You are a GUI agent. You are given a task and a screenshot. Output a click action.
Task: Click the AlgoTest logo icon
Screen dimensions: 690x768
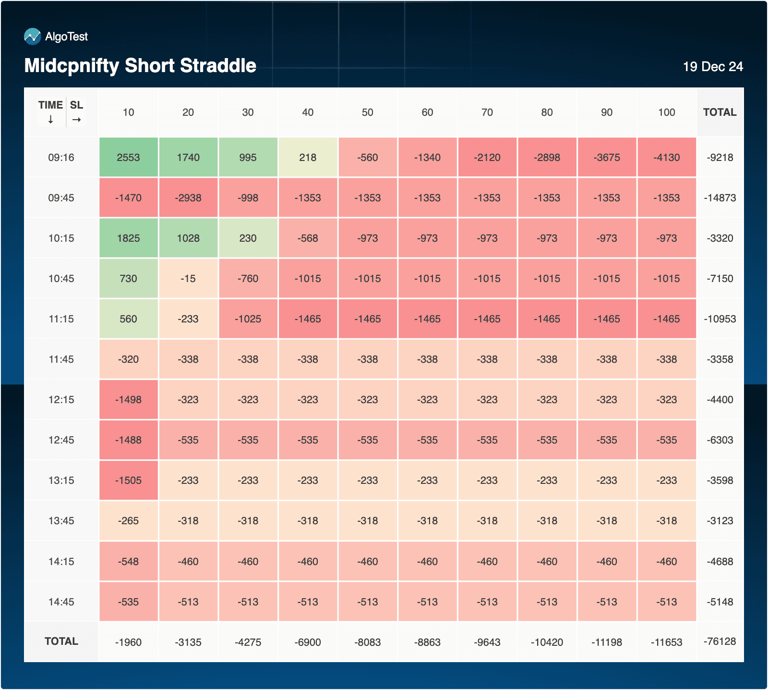tap(33, 37)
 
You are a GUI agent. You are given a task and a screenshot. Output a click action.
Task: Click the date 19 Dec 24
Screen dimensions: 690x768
tap(713, 67)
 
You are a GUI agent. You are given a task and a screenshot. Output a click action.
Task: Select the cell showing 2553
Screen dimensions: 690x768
tap(128, 158)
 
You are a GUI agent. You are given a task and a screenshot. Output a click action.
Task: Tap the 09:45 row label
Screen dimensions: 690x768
tap(61, 198)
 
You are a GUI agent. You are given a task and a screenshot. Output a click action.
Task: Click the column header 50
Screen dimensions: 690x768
tap(367, 112)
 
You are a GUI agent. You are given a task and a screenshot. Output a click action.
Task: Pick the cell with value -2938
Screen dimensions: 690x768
tap(188, 198)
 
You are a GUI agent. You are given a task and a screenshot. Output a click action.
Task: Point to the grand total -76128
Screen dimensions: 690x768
tap(720, 641)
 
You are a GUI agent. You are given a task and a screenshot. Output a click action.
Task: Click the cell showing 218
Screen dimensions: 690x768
tap(308, 158)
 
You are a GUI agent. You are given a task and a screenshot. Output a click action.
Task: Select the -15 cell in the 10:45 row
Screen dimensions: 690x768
tap(188, 279)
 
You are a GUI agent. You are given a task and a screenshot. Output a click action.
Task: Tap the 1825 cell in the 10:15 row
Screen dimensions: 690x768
tap(128, 238)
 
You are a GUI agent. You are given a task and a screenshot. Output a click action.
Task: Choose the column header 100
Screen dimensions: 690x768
tap(666, 112)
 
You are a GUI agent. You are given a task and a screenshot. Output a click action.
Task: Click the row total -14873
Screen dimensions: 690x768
tap(720, 198)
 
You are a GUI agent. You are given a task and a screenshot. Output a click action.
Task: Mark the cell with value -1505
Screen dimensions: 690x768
tap(128, 481)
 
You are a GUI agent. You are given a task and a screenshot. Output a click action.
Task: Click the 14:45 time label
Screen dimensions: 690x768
tap(61, 602)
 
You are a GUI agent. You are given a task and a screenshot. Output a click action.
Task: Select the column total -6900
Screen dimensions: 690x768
tap(308, 642)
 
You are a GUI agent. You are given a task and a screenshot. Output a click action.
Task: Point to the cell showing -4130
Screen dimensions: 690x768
tap(666, 158)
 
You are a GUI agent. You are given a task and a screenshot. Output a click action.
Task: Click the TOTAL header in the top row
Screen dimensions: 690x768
tap(720, 112)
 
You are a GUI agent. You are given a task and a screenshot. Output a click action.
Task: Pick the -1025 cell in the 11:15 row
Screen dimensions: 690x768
tap(248, 319)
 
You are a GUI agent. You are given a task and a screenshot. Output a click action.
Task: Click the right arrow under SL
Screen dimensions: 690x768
tap(76, 120)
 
